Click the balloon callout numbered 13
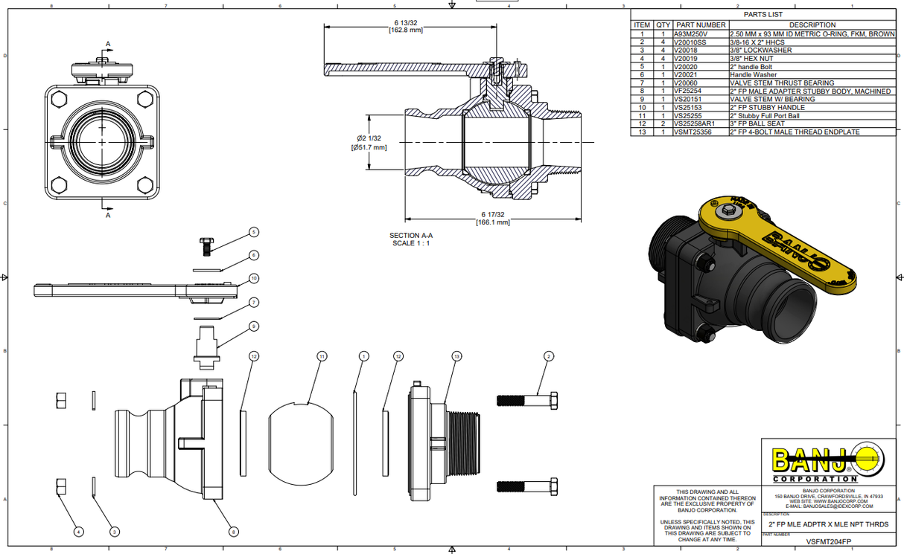pos(456,357)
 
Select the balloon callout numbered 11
pos(322,357)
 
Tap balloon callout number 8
pos(233,532)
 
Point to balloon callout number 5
pos(253,232)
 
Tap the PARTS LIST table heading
pos(763,14)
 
